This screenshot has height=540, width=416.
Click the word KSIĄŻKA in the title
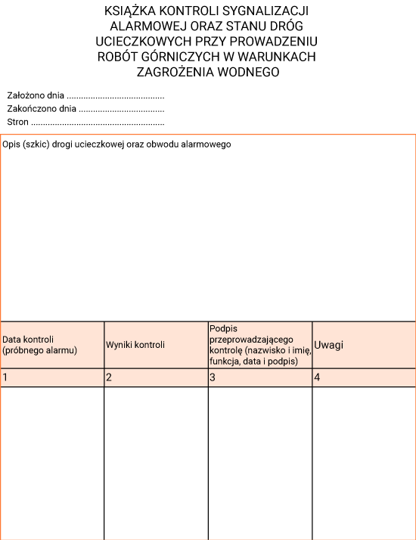coord(130,11)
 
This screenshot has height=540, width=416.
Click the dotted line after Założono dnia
coord(116,96)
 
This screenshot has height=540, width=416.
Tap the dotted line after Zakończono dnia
coord(122,109)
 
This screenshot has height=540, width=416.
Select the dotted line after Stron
coord(98,122)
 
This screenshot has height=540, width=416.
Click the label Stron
coord(17,122)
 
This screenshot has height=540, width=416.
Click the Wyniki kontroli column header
coord(135,345)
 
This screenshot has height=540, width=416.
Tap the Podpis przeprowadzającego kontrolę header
coord(257,345)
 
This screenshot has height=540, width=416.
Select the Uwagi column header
coord(328,345)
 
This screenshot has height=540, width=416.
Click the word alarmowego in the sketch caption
coord(206,144)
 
